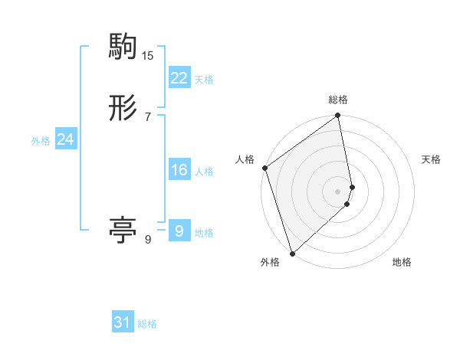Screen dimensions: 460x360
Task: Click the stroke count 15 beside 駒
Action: (x=148, y=56)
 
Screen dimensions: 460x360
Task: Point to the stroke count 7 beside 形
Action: (x=148, y=116)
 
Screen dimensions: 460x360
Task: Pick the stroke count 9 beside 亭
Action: (x=148, y=240)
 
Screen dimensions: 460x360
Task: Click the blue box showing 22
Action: (x=179, y=77)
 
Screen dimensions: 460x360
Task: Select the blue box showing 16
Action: (x=179, y=170)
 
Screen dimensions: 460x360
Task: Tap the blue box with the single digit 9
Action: (x=179, y=231)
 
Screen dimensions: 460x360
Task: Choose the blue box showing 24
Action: (x=66, y=139)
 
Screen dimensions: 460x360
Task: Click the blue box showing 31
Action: (x=123, y=322)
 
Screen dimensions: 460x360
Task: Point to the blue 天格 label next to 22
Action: (x=204, y=80)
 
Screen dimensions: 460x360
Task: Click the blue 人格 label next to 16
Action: (x=204, y=172)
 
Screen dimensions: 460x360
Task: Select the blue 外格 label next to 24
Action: (x=41, y=141)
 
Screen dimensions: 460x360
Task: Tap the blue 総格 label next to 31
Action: (x=147, y=325)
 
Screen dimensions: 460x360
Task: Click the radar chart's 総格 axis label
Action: (x=338, y=100)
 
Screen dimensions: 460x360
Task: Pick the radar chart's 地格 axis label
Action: (x=402, y=263)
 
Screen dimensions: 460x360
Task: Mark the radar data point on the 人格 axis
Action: (x=264, y=168)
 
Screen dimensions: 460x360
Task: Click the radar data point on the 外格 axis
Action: (x=292, y=253)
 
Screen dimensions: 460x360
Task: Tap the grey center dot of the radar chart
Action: (x=338, y=191)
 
